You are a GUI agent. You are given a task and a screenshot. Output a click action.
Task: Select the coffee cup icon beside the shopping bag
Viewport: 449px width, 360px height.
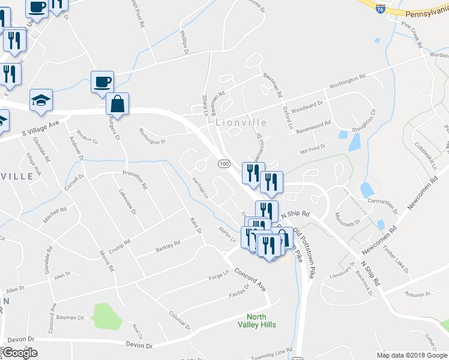[x=102, y=82]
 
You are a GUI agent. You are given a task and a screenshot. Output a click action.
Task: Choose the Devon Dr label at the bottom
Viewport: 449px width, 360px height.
[x=139, y=345]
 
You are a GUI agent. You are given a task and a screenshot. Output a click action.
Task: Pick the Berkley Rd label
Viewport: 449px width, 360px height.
[x=168, y=246]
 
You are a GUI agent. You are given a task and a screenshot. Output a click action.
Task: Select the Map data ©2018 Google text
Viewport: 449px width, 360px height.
[x=411, y=355]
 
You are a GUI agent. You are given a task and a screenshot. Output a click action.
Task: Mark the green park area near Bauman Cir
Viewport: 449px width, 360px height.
[x=104, y=316]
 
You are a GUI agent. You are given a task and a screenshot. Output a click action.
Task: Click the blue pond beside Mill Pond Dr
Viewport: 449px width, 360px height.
[x=354, y=142]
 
